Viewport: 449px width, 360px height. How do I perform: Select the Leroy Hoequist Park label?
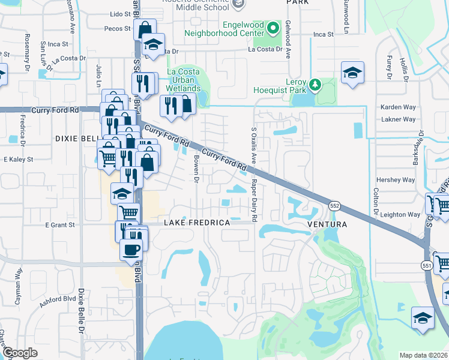(x=288, y=86)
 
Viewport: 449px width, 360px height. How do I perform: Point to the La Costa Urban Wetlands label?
(x=182, y=79)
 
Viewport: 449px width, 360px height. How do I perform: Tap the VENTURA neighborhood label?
(x=327, y=224)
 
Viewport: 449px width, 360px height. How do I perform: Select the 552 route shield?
(x=335, y=206)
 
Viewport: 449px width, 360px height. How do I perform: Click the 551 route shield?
(x=426, y=265)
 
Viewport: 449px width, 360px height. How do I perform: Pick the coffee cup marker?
(x=130, y=249)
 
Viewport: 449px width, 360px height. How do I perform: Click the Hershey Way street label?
(x=395, y=180)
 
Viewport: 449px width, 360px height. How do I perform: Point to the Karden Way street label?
(x=398, y=107)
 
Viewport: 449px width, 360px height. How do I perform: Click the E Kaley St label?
(x=18, y=160)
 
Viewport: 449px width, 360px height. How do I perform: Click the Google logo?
(x=20, y=353)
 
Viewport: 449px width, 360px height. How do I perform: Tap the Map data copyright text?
(x=424, y=355)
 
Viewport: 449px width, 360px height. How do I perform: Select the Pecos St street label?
(x=117, y=28)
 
